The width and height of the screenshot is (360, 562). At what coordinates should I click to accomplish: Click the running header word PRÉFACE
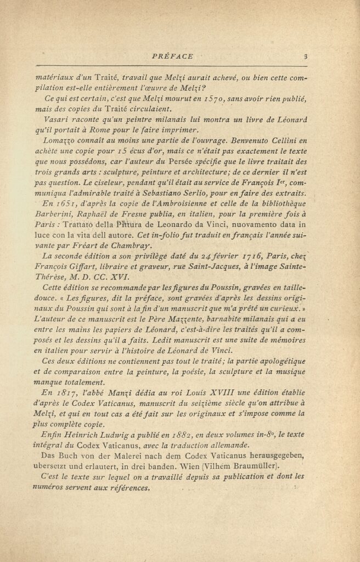pos(172,56)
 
